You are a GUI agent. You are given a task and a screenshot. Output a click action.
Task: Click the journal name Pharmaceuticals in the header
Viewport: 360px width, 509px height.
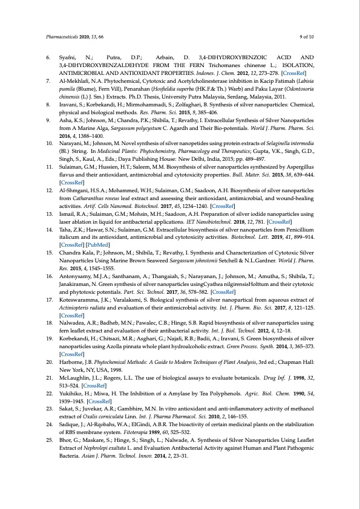[61, 37]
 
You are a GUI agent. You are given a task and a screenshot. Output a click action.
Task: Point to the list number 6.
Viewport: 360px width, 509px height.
[48, 58]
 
